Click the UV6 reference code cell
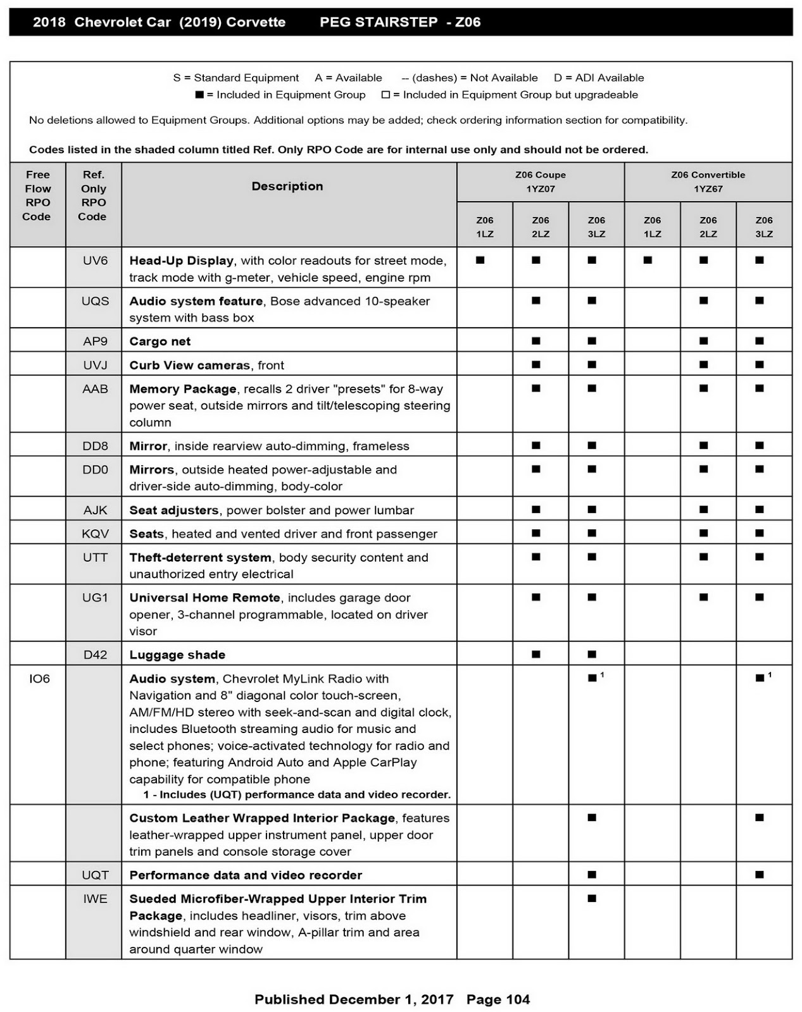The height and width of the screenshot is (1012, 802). tap(95, 261)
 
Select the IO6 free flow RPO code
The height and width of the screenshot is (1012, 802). tap(39, 679)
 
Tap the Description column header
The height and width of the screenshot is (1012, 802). tap(287, 186)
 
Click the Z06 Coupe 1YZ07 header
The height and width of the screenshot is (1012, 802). tap(540, 182)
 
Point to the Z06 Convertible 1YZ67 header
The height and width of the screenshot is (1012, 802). tap(708, 182)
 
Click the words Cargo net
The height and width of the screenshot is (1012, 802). tap(160, 342)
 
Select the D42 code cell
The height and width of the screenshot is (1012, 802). tap(95, 655)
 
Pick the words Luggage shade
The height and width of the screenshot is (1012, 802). tap(177, 655)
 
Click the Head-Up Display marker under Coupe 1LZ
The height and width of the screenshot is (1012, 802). tap(480, 260)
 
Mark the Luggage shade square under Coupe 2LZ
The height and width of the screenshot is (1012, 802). tap(536, 654)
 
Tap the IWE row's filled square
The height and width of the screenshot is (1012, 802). tap(592, 898)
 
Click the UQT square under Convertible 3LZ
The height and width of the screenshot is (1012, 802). tap(760, 875)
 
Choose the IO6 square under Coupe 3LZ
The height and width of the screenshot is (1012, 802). tap(592, 678)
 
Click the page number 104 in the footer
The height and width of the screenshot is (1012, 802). tap(518, 999)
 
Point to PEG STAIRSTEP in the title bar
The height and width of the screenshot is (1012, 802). tap(379, 22)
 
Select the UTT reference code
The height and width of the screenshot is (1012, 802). tap(95, 557)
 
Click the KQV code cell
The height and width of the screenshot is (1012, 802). tap(95, 534)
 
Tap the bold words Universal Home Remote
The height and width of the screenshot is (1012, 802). tap(204, 598)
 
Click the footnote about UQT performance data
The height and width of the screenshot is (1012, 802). tap(297, 794)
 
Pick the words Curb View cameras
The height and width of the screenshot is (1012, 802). tap(189, 365)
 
